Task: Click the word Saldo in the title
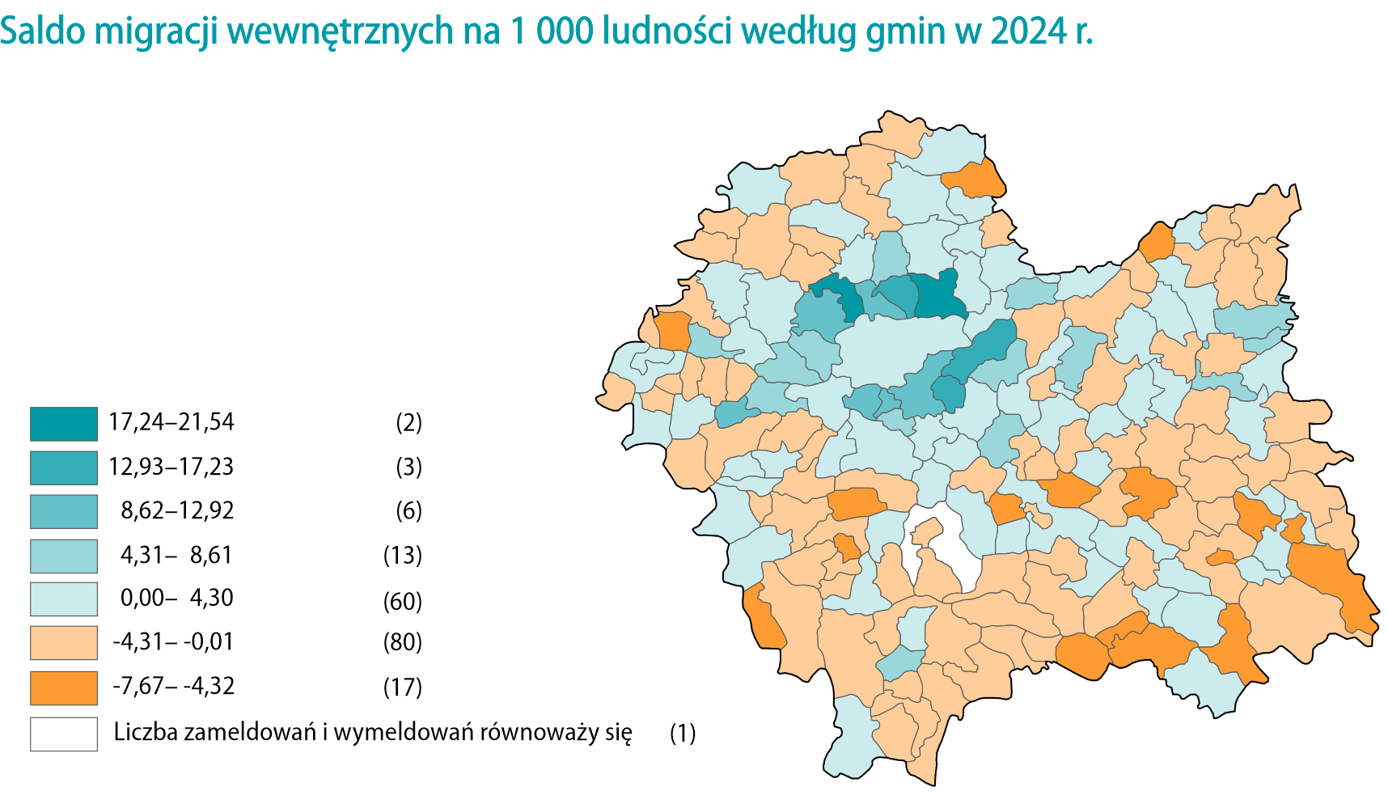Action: point(42,32)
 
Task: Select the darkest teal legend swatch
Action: point(64,424)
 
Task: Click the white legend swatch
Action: point(64,734)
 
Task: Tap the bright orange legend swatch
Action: point(64,688)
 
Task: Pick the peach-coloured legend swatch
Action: point(64,644)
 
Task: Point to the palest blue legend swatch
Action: point(64,599)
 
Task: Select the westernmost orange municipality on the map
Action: point(673,330)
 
